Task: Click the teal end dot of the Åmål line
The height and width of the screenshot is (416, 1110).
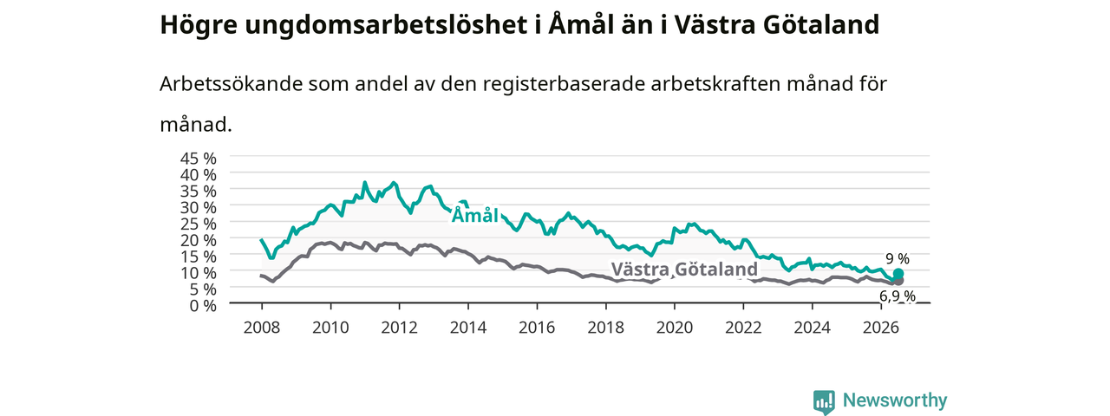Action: point(898,274)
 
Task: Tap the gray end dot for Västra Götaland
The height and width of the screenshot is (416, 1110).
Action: point(898,281)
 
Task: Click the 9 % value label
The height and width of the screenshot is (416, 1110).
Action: point(898,258)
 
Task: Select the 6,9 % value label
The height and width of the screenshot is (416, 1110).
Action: point(898,296)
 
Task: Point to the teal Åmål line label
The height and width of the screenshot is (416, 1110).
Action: point(474,216)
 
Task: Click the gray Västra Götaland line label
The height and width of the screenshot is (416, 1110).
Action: point(684,269)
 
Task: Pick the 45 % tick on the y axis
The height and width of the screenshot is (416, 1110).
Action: point(199,159)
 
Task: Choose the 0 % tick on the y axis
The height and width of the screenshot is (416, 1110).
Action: point(203,306)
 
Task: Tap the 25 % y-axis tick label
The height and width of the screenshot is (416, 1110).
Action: point(199,224)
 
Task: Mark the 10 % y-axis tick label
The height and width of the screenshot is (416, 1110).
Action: point(199,273)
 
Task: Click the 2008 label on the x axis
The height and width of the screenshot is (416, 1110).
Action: point(262,328)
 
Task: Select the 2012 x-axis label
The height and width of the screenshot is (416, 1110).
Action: point(400,328)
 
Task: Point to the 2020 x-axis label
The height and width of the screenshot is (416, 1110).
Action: point(675,328)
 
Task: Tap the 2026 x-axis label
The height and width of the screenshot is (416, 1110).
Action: point(881,328)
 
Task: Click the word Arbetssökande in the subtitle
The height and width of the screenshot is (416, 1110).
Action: point(231,84)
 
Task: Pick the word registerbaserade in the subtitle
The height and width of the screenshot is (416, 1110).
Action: point(563,85)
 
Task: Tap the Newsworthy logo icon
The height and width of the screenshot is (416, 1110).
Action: point(824,401)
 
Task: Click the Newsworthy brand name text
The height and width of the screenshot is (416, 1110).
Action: point(895,400)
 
